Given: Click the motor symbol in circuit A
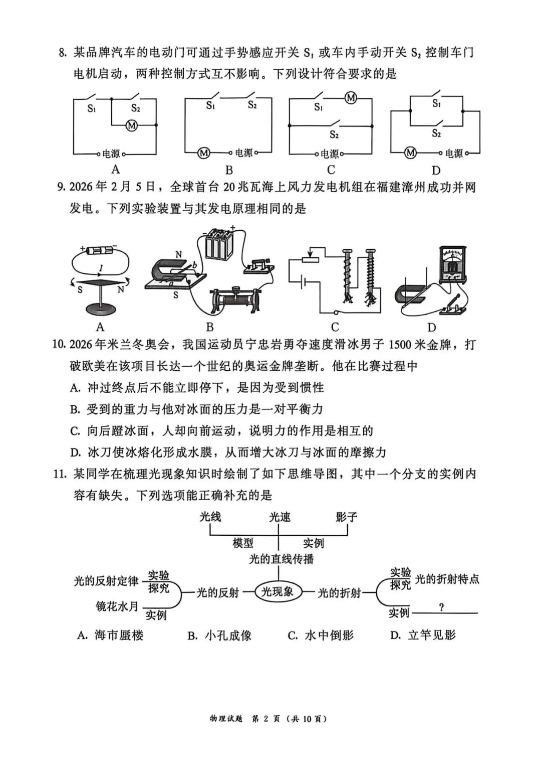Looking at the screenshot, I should pyautogui.click(x=132, y=125).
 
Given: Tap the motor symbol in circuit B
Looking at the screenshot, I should pyautogui.click(x=203, y=152).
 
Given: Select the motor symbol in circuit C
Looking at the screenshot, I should pyautogui.click(x=351, y=98).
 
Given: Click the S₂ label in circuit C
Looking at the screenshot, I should pyautogui.click(x=334, y=134).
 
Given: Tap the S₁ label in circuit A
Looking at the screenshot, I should pyautogui.click(x=92, y=108).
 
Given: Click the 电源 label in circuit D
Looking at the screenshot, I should pyautogui.click(x=454, y=154).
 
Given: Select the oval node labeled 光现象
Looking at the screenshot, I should pyautogui.click(x=278, y=592).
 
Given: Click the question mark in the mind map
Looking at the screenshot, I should pyautogui.click(x=441, y=607).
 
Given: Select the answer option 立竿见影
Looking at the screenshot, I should pyautogui.click(x=431, y=635).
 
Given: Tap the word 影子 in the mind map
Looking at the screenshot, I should pyautogui.click(x=346, y=517).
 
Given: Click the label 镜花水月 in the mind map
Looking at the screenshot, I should pyautogui.click(x=117, y=606).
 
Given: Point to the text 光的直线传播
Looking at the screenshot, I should pyautogui.click(x=281, y=559).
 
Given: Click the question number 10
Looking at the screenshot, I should pyautogui.click(x=59, y=345).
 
